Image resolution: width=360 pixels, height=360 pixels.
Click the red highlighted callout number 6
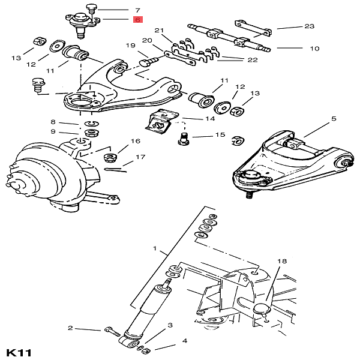click(137, 20)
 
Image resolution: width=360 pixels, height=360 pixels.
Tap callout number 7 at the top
click(137, 10)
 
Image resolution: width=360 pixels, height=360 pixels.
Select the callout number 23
click(310, 26)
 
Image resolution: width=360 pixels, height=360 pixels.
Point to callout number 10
click(314, 49)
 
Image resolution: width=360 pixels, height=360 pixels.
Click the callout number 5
click(334, 119)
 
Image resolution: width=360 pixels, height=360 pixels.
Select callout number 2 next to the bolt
click(70, 328)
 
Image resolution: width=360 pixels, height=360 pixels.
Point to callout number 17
click(140, 157)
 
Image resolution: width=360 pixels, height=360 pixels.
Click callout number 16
click(136, 142)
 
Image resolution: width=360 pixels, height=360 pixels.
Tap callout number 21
click(159, 31)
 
